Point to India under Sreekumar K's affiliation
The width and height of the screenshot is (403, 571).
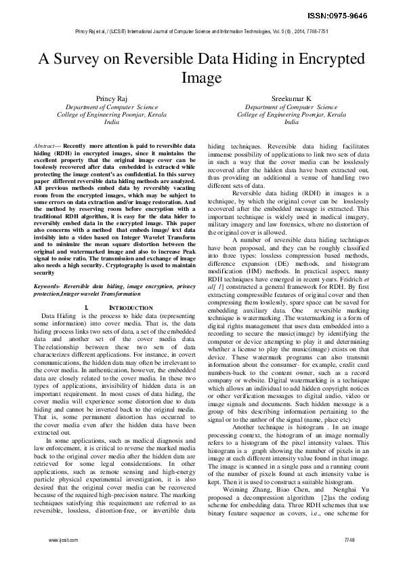pyautogui.click(x=291, y=123)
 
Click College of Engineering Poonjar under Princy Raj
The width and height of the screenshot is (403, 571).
pyautogui.click(x=111, y=115)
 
